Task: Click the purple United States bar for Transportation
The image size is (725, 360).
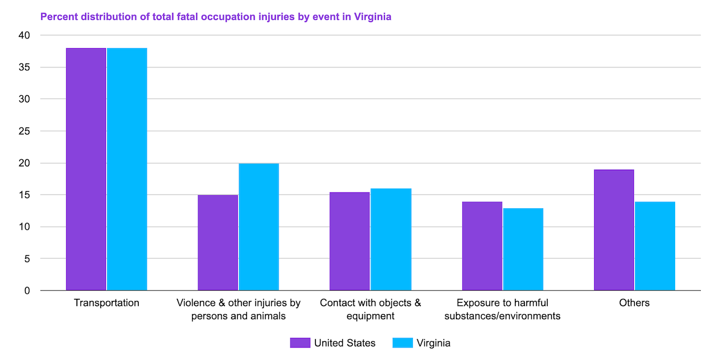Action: [x=86, y=169]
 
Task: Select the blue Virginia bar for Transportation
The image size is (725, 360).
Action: [x=127, y=169]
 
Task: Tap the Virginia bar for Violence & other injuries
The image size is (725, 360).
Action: [x=259, y=227]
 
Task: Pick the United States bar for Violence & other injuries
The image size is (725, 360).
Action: [x=217, y=243]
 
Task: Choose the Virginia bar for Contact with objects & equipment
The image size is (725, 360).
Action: [x=391, y=239]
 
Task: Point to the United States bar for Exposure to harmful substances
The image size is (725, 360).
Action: [x=482, y=246]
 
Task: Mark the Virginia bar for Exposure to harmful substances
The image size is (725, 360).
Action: [x=523, y=250]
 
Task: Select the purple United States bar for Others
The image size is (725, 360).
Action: [x=614, y=230]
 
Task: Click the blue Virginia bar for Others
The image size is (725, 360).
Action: [x=655, y=246]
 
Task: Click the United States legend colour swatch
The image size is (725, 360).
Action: [x=300, y=343]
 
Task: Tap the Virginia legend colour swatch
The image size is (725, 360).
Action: [x=403, y=343]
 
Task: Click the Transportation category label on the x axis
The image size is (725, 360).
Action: [x=106, y=303]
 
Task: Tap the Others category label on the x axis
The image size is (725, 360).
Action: [x=634, y=303]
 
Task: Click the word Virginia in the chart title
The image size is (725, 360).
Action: [x=373, y=16]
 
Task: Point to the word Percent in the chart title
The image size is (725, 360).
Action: [x=57, y=16]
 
